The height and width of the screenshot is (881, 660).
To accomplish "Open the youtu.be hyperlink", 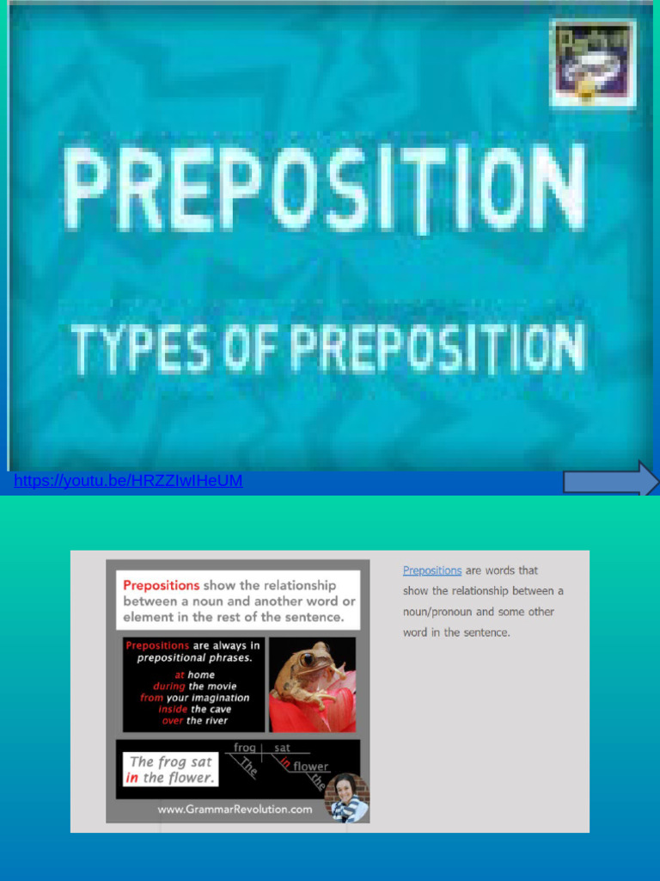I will [128, 481].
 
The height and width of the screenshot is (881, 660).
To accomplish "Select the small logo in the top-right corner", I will [593, 63].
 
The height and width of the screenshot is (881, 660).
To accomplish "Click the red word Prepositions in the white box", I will [161, 585].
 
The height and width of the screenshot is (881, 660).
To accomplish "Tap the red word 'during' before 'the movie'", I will [169, 687].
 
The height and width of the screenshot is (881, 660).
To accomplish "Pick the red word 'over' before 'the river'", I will [172, 721].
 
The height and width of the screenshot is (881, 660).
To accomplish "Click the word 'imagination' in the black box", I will [220, 698].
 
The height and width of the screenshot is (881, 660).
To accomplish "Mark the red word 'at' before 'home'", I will [180, 675].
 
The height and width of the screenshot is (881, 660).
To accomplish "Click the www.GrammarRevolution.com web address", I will [235, 810].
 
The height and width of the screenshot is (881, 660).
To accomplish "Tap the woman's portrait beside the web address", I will [347, 797].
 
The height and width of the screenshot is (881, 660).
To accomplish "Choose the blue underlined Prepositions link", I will [432, 570].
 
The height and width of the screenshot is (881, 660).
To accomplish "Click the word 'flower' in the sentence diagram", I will [310, 767].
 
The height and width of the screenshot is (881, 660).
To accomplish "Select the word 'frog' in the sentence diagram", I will [245, 749].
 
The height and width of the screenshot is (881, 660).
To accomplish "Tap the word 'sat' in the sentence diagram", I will [283, 749].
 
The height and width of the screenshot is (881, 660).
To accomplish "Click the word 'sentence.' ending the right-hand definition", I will [486, 632].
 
